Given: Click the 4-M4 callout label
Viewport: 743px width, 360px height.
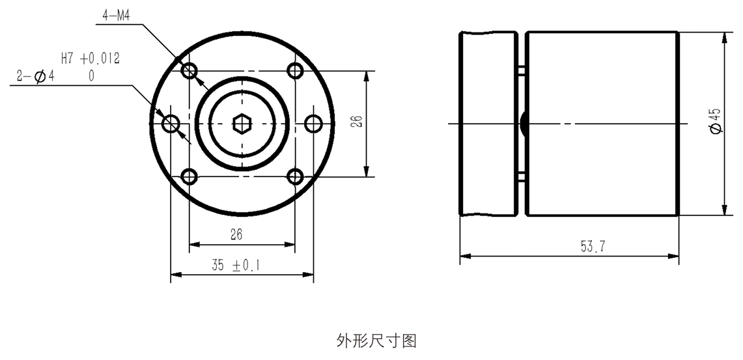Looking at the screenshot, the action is coord(116,16).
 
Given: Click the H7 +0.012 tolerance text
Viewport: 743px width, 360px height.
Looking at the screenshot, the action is coord(90,59).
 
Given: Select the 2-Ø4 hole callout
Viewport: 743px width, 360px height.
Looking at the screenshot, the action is coord(36,76).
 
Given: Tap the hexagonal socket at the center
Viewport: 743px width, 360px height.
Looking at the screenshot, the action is coord(242,124).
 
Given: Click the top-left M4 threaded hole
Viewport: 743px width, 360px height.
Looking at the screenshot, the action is coord(189,71).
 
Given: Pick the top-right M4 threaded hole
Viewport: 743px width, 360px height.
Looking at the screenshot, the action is coord(295,71).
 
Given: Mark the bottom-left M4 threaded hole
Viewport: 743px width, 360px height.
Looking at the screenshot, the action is coord(189,176).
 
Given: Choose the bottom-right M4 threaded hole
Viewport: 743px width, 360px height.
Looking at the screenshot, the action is coord(295,176).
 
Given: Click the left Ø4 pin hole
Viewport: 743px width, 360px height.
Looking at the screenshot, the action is coord(171,124).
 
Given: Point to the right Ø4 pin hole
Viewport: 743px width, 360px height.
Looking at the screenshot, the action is coord(313,124).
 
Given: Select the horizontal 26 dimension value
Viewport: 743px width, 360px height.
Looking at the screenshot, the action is coord(236,234).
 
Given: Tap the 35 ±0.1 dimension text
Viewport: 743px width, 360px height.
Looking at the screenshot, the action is coord(236,265).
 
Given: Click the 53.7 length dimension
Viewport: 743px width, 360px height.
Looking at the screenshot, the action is coord(593,246).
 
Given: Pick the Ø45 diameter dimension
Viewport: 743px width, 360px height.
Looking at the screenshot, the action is coord(716,121).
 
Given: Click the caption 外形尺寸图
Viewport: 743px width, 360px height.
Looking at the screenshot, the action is coord(377,340).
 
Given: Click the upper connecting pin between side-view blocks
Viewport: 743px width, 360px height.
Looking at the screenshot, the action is coord(522,70).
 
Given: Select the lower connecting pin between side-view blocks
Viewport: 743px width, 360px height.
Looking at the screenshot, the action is coord(522,177).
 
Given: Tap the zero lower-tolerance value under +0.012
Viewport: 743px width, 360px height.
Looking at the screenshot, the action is coord(91,76).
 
